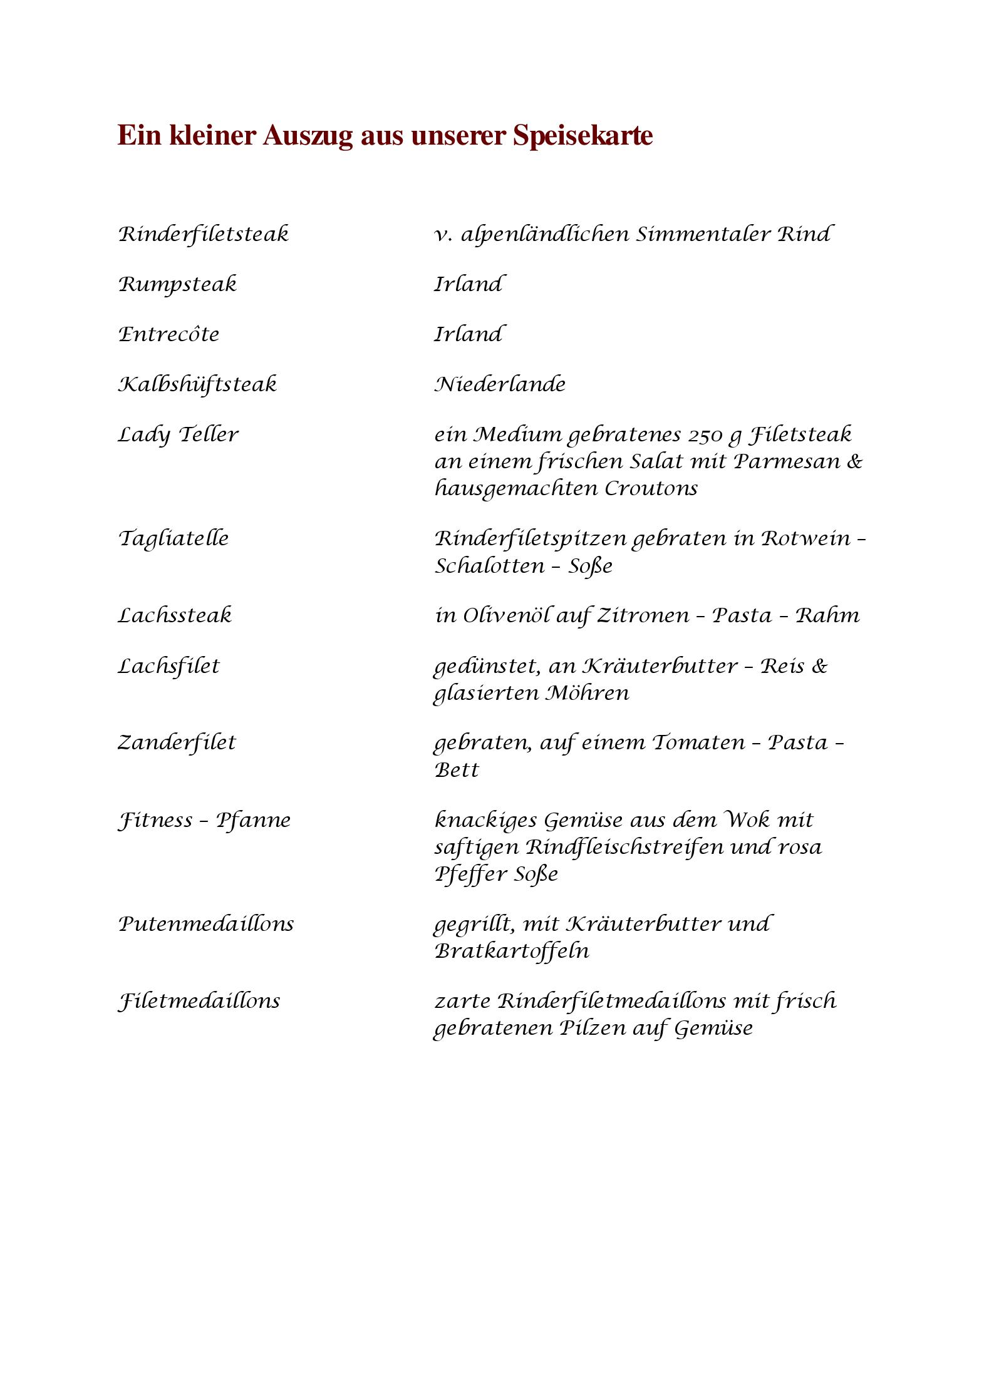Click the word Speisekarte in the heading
(583, 136)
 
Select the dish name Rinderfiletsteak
(204, 234)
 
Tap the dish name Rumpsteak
(178, 284)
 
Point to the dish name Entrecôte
(169, 334)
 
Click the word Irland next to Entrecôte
(469, 334)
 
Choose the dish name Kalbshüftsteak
(197, 384)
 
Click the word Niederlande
(500, 384)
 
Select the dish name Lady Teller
(179, 434)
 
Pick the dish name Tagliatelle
(173, 538)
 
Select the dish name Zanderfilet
(177, 742)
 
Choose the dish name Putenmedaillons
(206, 923)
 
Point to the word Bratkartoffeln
(512, 951)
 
